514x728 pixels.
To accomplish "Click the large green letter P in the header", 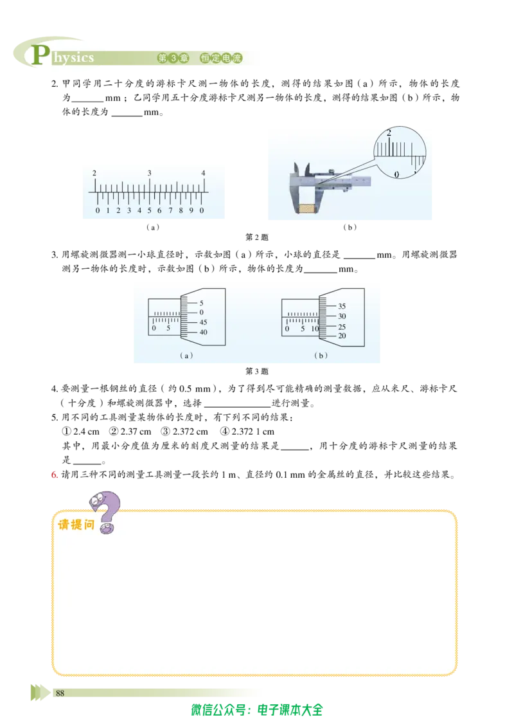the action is (40, 55).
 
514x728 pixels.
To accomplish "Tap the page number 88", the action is (60, 693).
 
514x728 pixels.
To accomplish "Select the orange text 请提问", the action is (76, 525).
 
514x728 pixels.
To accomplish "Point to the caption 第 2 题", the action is (257, 237).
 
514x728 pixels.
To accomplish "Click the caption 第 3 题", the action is (257, 371).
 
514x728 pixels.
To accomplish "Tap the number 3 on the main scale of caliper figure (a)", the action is (149, 173).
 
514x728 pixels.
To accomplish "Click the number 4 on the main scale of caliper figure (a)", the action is (203, 173).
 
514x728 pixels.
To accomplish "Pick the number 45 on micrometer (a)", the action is (203, 322).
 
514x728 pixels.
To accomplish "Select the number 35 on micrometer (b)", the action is (342, 306).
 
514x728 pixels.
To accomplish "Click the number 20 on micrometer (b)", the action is (342, 336).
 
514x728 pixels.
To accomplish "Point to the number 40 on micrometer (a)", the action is (203, 332).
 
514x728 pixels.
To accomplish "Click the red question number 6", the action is (54, 475).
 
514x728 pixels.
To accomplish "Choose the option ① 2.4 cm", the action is (81, 432).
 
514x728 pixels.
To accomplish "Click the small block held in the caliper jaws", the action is (308, 208).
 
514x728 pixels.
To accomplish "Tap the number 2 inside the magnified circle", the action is (389, 132).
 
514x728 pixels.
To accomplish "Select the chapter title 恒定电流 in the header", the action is (221, 58).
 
